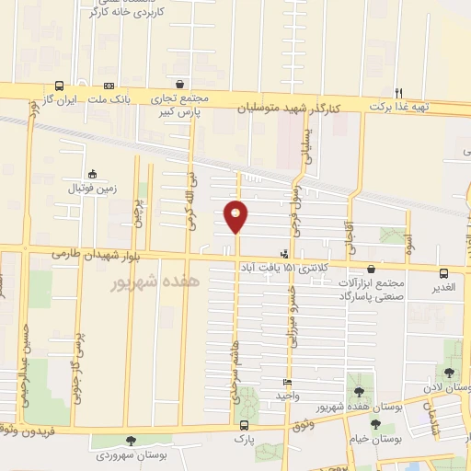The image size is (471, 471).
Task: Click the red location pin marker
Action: pyautogui.click(x=236, y=217)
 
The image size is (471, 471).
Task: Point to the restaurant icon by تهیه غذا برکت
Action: pyautogui.click(x=398, y=92)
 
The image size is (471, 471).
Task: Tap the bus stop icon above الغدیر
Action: pyautogui.click(x=444, y=273)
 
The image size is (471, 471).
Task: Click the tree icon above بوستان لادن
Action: pyautogui.click(x=448, y=373)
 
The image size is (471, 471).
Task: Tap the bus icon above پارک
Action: pyautogui.click(x=244, y=425)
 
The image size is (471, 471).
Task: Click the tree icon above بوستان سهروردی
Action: pyautogui.click(x=131, y=441)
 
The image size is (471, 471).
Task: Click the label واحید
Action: pyautogui.click(x=288, y=396)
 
